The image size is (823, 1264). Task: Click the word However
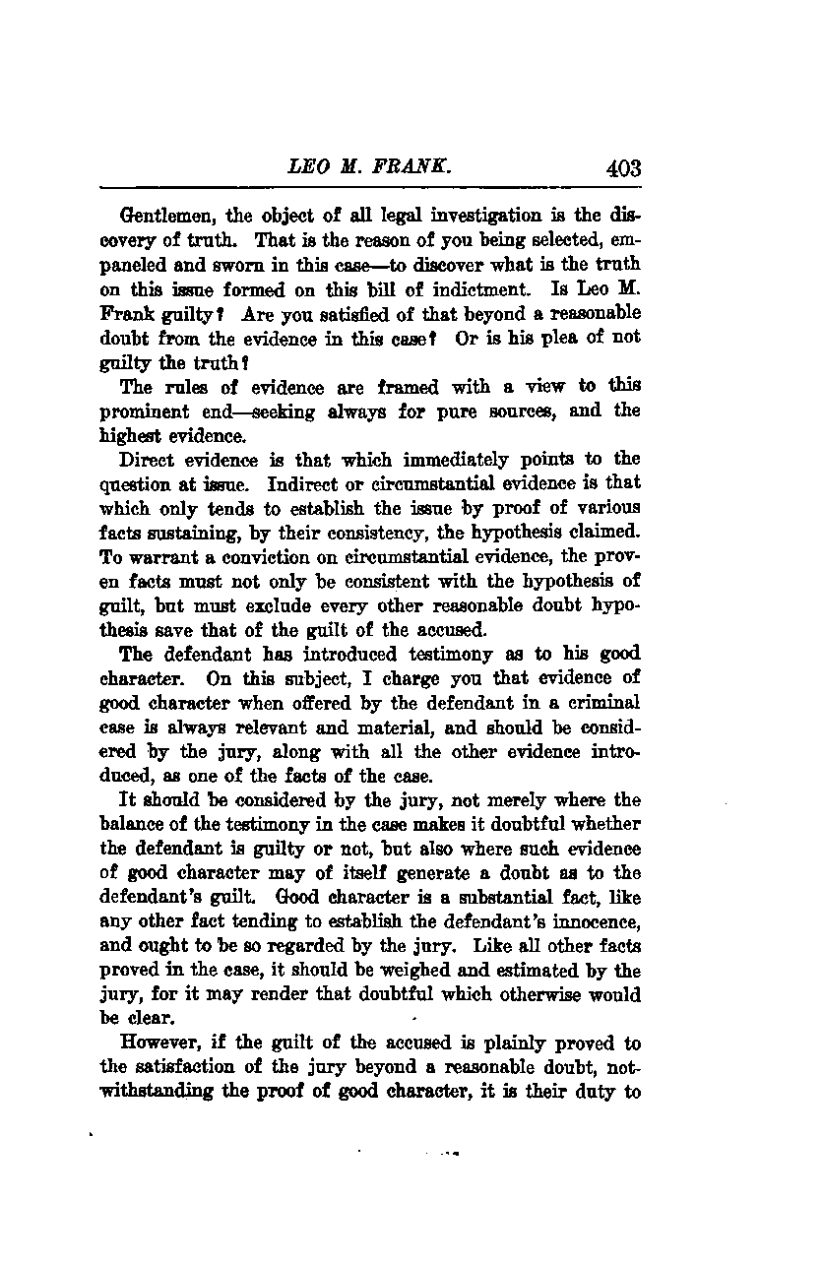click(x=158, y=1043)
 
